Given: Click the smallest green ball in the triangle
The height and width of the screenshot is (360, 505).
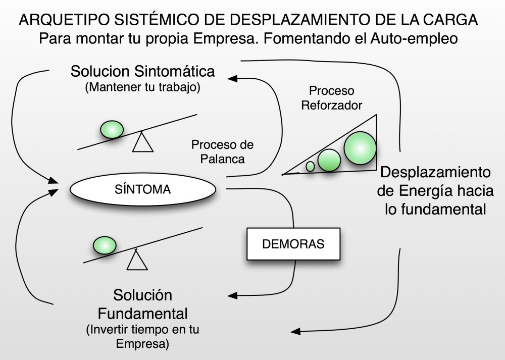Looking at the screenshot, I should pos(311,166).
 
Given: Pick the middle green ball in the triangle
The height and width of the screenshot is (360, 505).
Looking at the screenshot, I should pos(329,160).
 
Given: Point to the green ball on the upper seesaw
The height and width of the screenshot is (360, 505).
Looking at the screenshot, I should pos(112,130).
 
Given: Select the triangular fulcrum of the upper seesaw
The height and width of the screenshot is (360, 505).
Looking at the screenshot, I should pos(142,142).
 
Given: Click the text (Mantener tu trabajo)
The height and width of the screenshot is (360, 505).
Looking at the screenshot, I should pos(143,87).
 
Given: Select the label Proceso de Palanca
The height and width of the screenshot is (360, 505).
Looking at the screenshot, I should pos(222,151).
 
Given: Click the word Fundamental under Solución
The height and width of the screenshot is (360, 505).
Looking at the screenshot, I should pos(143,314).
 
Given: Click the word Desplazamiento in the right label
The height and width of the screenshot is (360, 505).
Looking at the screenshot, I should pos(436,172).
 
